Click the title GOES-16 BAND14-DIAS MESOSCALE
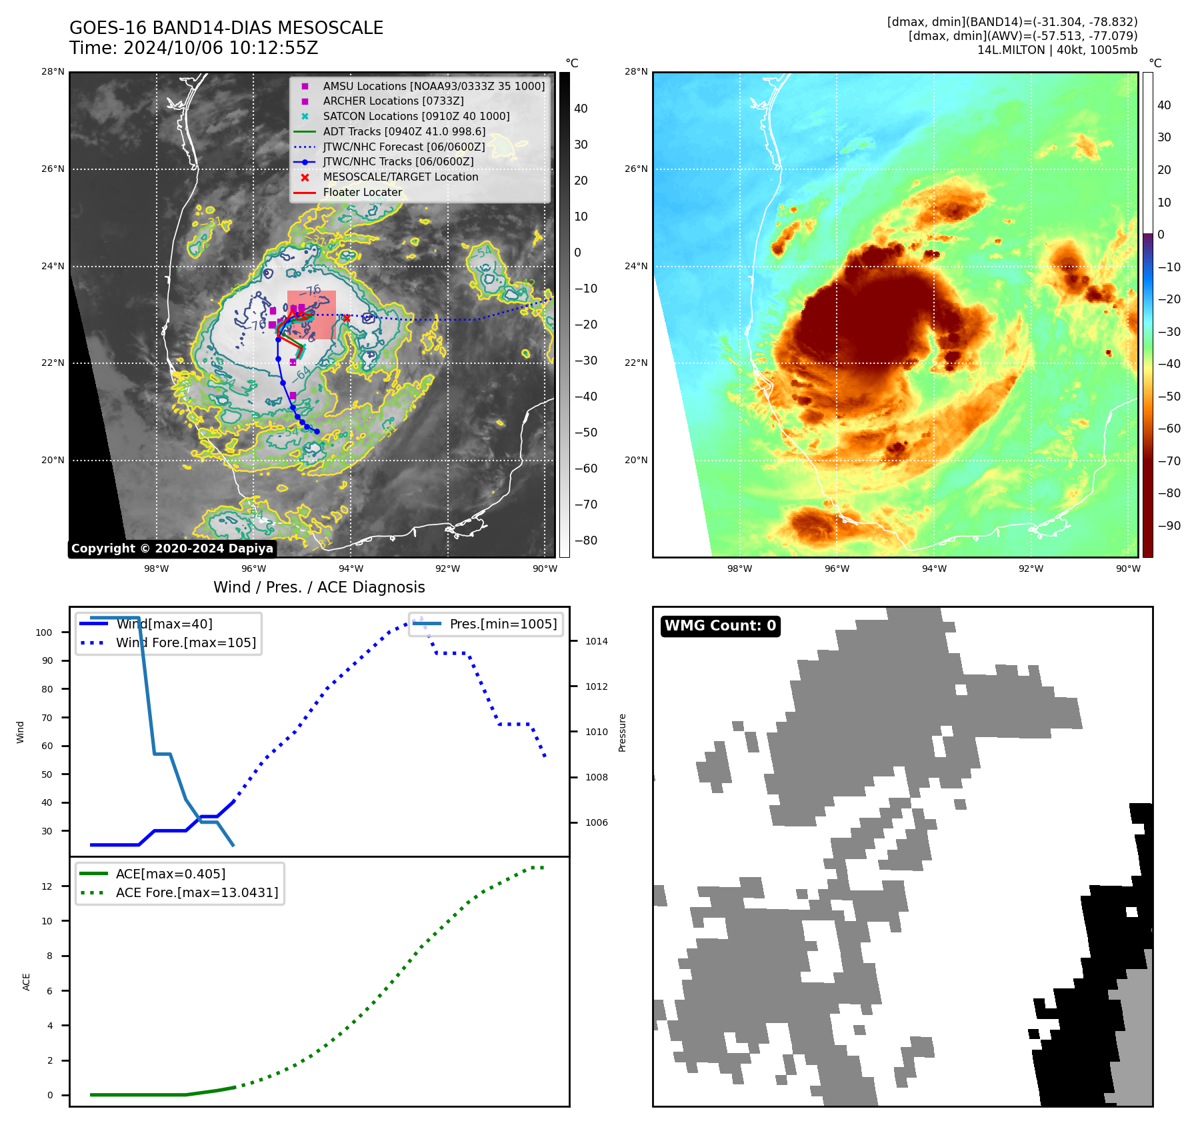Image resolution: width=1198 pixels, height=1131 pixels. pos(226,28)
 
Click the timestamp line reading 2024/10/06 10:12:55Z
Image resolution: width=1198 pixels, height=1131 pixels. pos(193,49)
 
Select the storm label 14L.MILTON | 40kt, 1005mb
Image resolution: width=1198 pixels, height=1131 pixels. pos(1057,50)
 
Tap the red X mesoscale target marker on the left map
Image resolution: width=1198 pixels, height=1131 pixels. pos(346,318)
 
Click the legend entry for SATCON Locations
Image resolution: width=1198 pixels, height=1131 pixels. pos(416,116)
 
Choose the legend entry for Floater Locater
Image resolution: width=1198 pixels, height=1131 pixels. pos(362,192)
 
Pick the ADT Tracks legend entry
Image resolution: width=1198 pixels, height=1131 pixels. pos(404,131)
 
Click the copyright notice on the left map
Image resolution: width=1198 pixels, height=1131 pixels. pos(172,549)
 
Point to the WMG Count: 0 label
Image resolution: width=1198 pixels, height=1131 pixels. pos(720,626)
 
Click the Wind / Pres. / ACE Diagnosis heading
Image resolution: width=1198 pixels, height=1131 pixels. pos(319,587)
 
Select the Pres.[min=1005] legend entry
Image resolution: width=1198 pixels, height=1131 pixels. pos(503,624)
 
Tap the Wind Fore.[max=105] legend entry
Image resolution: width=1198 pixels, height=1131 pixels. pos(185,642)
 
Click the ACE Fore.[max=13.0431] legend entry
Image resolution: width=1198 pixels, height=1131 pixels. pos(197,892)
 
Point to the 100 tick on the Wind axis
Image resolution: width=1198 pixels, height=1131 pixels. pos(44,632)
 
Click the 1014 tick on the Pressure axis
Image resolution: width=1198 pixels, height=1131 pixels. pos(597,641)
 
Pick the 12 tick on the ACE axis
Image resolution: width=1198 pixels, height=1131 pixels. pos(47,886)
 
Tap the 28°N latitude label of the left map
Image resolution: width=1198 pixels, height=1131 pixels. pos(53,72)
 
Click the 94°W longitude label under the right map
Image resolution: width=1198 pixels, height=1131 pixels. pos(934,568)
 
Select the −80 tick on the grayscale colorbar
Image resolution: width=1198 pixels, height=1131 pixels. pos(586,541)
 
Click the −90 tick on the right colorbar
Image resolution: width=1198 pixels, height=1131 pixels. pos(1169,526)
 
